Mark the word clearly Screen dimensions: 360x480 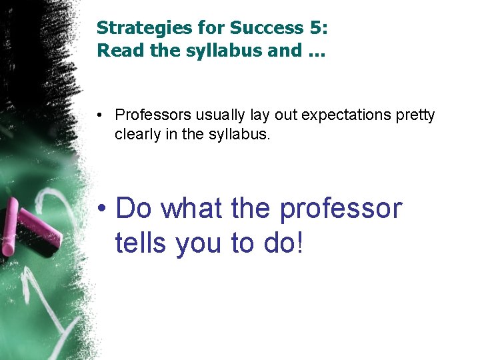(x=137, y=134)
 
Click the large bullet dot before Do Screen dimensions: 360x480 (x=101, y=209)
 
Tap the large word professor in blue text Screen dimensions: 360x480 (x=341, y=209)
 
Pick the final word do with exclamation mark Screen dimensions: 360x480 (x=283, y=243)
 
